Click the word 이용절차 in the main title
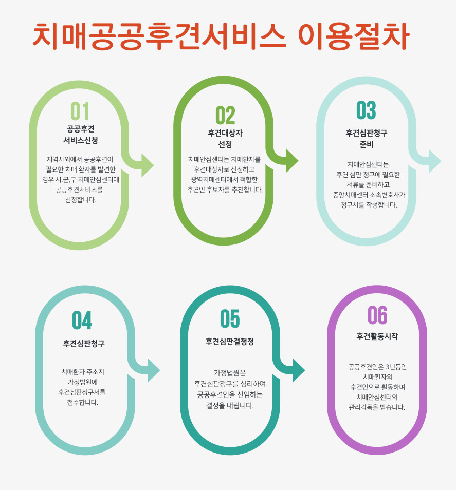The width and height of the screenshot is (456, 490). [x=354, y=35]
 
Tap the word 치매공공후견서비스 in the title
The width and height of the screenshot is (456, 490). [x=159, y=35]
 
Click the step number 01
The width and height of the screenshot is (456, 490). [x=80, y=111]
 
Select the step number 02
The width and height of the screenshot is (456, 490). [x=225, y=116]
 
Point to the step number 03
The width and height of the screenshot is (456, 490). [x=366, y=110]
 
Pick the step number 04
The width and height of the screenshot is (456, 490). [x=82, y=321]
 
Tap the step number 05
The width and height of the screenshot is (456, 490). [x=230, y=319]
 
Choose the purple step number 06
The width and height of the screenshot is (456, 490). [x=377, y=315]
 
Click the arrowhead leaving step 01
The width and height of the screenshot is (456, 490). [x=147, y=165]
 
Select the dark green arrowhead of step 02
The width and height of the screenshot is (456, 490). [x=291, y=161]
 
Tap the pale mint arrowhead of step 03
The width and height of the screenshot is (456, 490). [x=434, y=161]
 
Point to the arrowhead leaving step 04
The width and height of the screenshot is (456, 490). [x=153, y=370]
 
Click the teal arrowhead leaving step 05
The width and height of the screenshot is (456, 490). [x=298, y=370]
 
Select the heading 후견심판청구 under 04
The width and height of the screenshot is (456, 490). [x=84, y=343]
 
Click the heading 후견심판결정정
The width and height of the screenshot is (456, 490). [x=230, y=342]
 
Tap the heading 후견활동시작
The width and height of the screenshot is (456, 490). [x=377, y=336]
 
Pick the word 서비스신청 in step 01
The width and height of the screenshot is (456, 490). [x=81, y=140]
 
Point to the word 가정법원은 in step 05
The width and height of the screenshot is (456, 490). [x=230, y=372]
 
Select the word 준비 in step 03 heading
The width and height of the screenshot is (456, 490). [x=367, y=144]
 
